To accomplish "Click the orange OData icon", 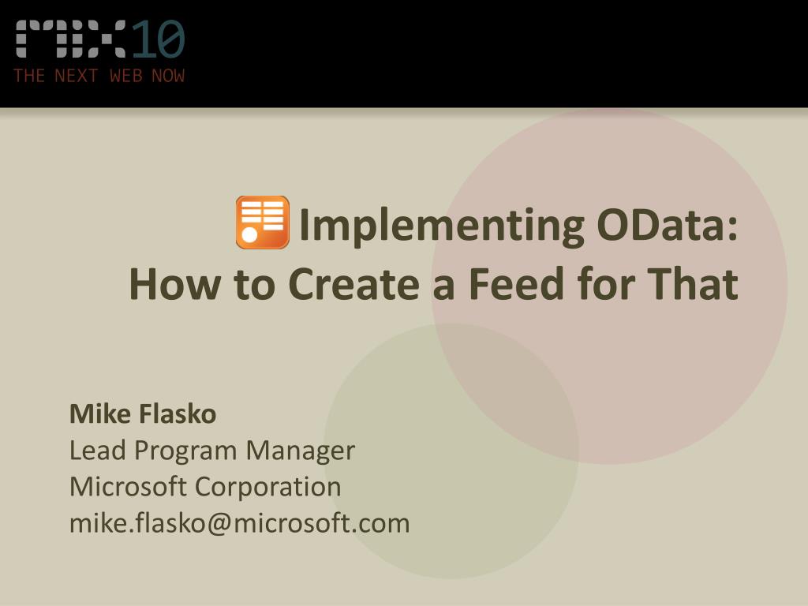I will tap(262, 223).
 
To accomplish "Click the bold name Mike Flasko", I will tap(143, 413).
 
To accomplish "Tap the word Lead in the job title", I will tap(97, 451).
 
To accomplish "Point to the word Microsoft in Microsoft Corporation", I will tap(129, 487).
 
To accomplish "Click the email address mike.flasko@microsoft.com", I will tap(239, 523).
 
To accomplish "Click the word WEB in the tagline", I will tap(125, 76).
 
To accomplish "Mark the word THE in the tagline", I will tap(29, 76).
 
